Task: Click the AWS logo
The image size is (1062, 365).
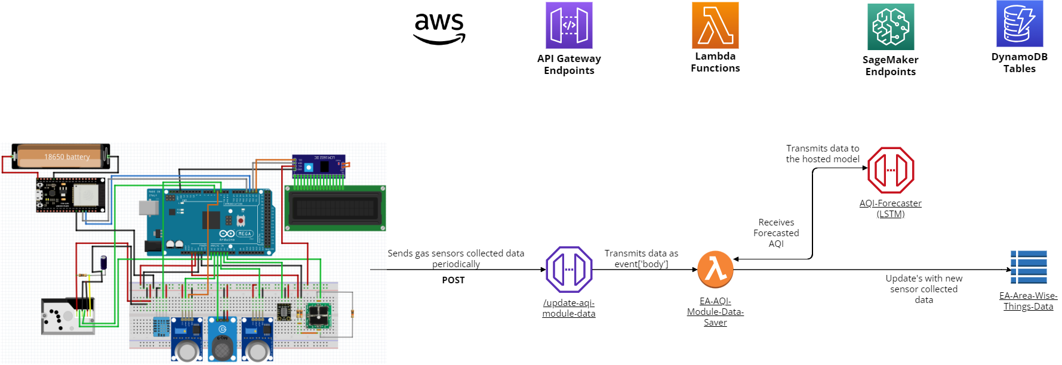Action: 439,29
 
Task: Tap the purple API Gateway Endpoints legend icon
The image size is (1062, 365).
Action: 569,25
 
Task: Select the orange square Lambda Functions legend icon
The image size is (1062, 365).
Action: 715,25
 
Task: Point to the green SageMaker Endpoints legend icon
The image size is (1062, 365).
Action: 891,27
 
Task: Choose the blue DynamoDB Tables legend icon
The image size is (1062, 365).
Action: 1020,24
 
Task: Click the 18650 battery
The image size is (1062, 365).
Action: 61,156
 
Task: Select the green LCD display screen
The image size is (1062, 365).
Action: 335,208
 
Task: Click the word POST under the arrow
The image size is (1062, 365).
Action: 453,280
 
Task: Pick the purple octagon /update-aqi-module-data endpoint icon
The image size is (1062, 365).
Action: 569,270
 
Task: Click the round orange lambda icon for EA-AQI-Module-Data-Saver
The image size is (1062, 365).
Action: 715,270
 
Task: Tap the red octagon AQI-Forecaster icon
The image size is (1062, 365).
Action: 891,170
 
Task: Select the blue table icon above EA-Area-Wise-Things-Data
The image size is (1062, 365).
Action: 1029,267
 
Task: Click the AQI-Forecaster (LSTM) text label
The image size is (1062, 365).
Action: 891,209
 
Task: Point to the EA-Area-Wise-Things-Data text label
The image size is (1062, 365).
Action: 1029,301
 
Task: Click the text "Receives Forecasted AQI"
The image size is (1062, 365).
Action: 776,233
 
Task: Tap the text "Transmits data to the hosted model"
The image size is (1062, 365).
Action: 823,154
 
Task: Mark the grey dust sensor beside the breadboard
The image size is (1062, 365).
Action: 67,315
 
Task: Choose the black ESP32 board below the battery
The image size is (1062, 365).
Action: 70,195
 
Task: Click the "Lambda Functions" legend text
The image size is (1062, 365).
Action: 715,62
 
